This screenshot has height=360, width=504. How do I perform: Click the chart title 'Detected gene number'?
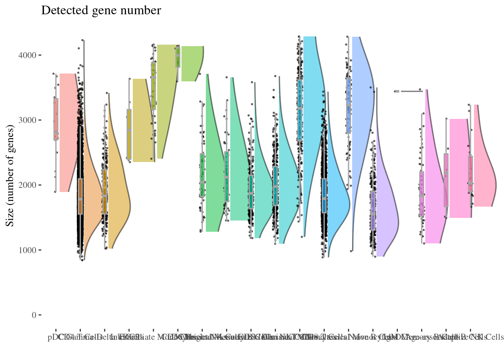click(x=101, y=10)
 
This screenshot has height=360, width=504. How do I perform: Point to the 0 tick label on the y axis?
click(x=34, y=315)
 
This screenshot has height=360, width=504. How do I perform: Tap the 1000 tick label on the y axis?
click(x=28, y=250)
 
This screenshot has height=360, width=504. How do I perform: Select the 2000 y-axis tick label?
click(x=28, y=185)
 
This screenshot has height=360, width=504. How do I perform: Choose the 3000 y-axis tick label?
click(x=28, y=120)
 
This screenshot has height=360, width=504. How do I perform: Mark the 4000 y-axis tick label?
click(x=28, y=55)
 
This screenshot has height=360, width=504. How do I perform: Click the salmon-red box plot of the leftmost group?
click(x=56, y=119)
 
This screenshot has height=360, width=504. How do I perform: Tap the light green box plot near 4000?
click(x=178, y=57)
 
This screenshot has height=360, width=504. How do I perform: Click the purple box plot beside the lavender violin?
click(x=373, y=210)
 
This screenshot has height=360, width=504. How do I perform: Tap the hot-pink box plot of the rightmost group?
click(x=470, y=174)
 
